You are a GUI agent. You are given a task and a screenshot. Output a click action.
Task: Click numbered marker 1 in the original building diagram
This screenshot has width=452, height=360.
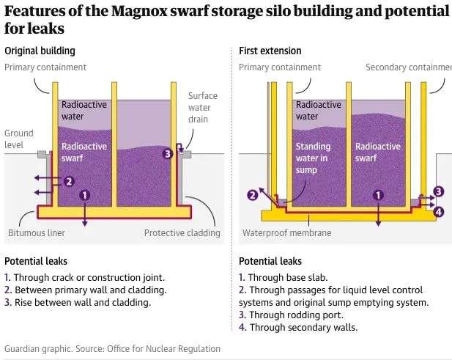[84, 195]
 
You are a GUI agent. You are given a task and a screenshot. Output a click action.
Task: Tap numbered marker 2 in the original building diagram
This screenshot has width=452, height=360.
[69, 181]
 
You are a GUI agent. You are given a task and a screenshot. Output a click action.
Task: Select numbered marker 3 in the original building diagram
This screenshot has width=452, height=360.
[168, 154]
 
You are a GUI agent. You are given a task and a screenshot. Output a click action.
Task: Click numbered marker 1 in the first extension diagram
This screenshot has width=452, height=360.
[378, 195]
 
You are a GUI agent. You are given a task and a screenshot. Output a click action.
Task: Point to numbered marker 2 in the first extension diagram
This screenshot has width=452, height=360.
[253, 195]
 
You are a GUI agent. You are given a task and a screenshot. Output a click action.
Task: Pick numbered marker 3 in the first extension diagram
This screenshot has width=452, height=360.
[438, 191]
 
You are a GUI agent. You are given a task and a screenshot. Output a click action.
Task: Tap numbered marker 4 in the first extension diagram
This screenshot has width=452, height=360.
[438, 212]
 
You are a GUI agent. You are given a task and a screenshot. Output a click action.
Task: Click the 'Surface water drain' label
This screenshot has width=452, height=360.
[203, 108]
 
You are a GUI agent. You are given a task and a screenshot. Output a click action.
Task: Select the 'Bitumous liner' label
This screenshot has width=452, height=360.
[37, 233]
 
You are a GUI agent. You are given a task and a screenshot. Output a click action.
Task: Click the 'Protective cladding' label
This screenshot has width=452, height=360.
[182, 233]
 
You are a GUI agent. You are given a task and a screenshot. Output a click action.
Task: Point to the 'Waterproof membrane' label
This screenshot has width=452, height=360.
[286, 233]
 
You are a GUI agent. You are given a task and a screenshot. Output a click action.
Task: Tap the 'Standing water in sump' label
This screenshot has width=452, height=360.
[313, 158]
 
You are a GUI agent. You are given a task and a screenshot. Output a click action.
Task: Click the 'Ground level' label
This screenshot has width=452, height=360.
[19, 139]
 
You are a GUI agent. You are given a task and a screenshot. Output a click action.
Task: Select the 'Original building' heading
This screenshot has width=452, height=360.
[40, 51]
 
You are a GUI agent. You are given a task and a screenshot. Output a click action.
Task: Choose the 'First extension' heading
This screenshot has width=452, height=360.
[270, 51]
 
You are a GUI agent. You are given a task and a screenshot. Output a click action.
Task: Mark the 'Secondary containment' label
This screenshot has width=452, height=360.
[408, 67]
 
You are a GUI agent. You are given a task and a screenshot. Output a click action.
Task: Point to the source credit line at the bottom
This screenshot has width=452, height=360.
[112, 348]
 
